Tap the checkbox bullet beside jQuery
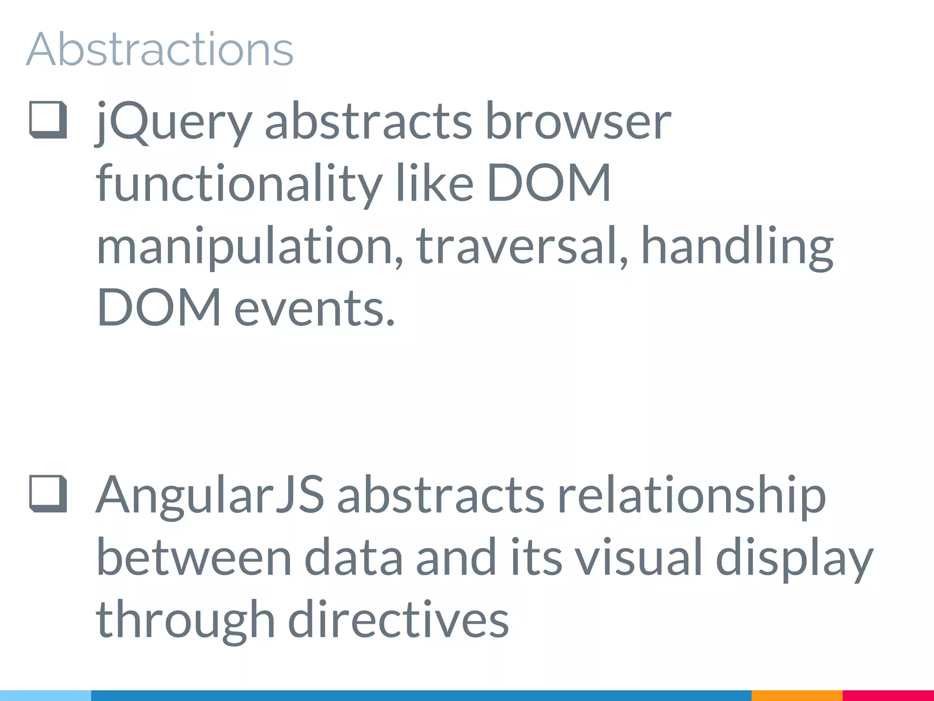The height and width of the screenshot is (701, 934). [48, 120]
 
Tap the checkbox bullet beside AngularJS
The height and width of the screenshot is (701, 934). [48, 494]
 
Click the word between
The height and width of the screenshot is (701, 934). [194, 558]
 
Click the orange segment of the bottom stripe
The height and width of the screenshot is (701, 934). [796, 696]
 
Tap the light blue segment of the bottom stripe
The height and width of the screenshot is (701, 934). [46, 696]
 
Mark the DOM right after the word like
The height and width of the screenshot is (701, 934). [549, 184]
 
